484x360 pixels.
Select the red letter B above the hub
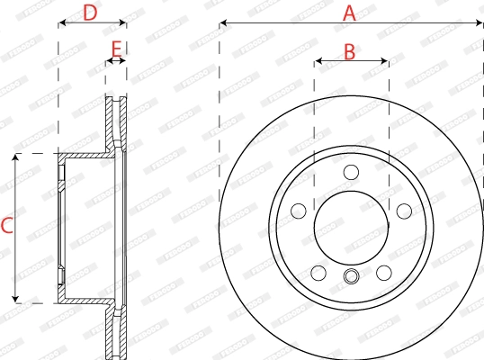[x=350, y=52]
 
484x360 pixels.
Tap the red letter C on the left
[x=7, y=227]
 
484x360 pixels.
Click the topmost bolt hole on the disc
[x=351, y=172]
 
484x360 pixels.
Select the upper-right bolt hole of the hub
[x=405, y=211]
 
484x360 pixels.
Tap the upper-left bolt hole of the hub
[x=297, y=211]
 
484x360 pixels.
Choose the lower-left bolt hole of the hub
[x=318, y=273]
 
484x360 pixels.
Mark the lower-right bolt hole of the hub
[x=384, y=273]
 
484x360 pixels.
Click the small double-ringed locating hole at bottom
[x=351, y=277]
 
